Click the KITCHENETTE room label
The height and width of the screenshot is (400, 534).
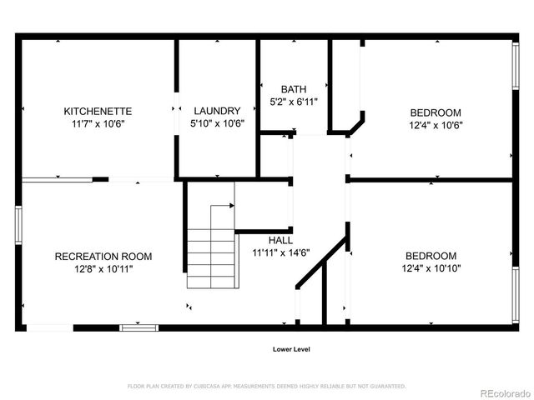(98, 111)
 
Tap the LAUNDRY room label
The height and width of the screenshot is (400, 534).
(217, 111)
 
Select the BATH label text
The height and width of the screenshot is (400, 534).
(294, 89)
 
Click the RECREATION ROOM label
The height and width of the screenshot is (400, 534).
(103, 257)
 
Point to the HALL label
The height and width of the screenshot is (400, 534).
(280, 241)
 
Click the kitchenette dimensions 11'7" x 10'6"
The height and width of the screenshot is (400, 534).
(98, 123)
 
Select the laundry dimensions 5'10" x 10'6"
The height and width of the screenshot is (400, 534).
(217, 123)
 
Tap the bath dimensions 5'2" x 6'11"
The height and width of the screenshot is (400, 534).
(294, 102)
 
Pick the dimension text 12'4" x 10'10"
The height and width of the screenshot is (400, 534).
(431, 268)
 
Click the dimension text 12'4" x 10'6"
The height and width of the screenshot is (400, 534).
(436, 125)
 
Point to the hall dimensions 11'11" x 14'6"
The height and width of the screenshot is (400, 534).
(281, 252)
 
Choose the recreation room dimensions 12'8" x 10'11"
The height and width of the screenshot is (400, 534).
(103, 269)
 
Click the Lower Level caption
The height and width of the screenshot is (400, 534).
(291, 349)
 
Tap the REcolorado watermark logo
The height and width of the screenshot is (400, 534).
(506, 393)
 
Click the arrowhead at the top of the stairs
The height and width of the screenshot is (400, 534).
(232, 206)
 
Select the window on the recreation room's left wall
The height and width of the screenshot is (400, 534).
(18, 225)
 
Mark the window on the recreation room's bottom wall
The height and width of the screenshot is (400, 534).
(139, 327)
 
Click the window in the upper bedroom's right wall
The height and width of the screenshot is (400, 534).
(516, 66)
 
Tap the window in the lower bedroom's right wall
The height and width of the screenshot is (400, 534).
(516, 295)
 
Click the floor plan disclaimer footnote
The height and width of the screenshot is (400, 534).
(267, 387)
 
